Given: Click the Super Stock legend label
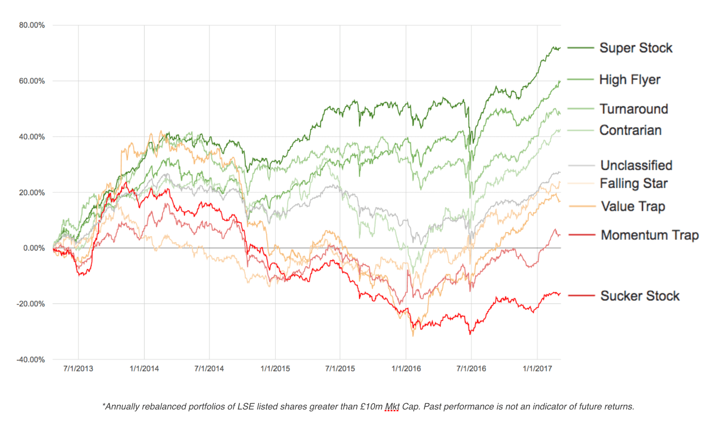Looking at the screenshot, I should pos(636,48).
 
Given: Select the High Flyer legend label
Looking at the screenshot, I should pos(629,79).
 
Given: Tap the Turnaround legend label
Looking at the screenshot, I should pos(634,109).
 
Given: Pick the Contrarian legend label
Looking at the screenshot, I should pos(630,130).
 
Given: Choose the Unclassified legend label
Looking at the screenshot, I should pos(636,165).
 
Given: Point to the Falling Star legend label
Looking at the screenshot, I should pos(633,183).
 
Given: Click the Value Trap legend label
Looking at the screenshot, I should pos(633,206).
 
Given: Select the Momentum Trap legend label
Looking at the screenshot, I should pos(650,235).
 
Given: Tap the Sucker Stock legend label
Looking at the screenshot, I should pos(640,296).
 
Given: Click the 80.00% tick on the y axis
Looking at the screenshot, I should pos(32,25).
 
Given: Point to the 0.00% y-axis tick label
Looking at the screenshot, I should pos(34,248).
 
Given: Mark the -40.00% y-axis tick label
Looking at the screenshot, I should pos(31,360).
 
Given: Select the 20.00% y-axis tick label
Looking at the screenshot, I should pos(32,192).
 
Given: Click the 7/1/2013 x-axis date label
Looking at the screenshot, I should pos(78,369).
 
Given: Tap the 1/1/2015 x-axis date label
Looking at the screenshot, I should pos(275,369).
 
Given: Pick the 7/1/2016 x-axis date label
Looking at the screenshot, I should pos(471,369).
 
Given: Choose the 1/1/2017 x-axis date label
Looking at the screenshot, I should pos(537,369).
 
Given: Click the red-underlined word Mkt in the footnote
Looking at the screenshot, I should pos(392,407).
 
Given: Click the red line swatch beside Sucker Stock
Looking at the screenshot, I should pos(582,296).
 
